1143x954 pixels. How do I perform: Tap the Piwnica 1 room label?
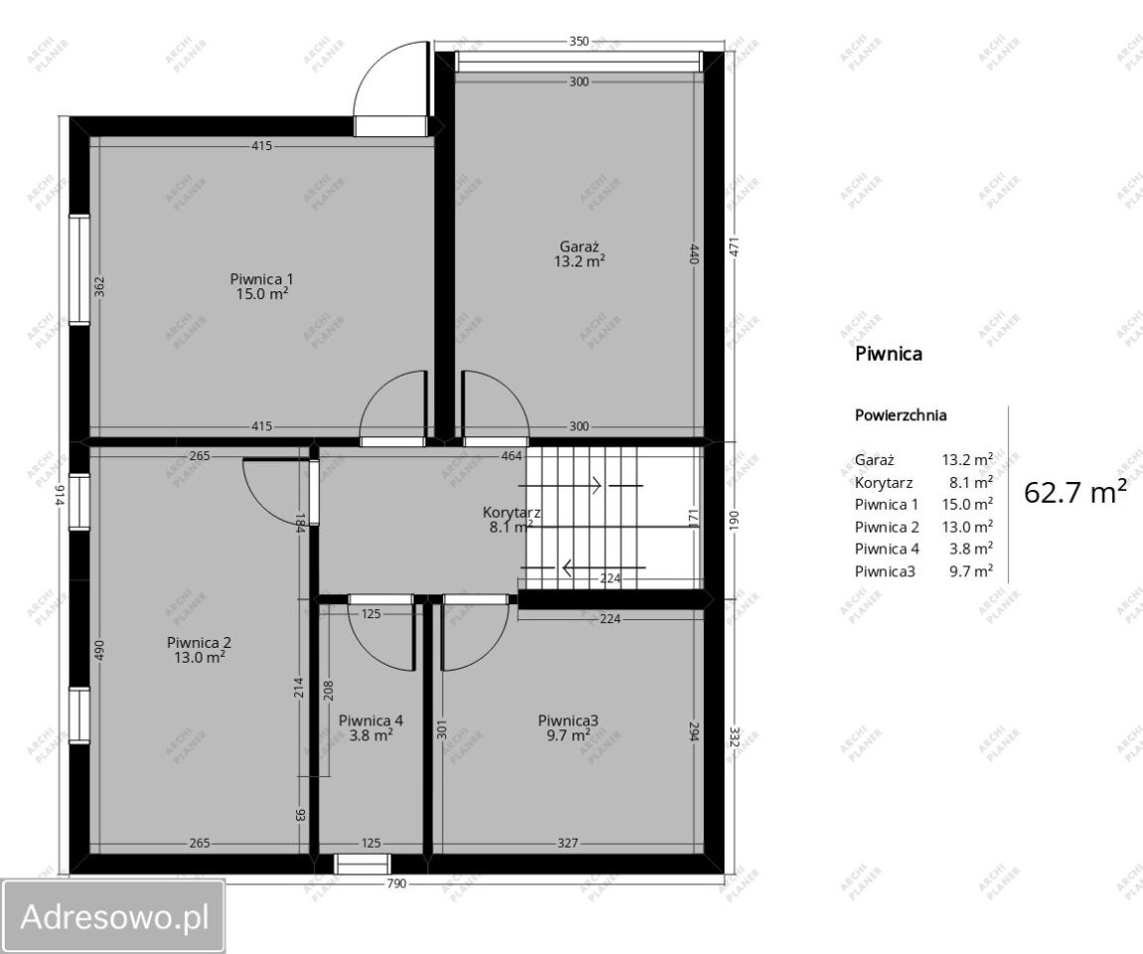(261, 279)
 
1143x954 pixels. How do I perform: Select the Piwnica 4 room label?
(371, 720)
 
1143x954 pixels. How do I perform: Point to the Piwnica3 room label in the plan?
(569, 720)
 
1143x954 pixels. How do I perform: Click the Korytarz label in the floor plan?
(511, 513)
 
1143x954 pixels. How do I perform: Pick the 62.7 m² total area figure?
(1075, 492)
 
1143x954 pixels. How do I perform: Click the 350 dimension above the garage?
(578, 42)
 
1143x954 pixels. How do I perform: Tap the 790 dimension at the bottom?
(396, 883)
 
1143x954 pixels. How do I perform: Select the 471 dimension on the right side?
(735, 246)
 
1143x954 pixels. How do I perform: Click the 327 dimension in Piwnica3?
(568, 844)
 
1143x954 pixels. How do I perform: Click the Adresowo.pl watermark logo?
(113, 916)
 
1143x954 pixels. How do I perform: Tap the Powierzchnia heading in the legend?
(901, 415)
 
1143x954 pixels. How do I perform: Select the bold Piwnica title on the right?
(889, 354)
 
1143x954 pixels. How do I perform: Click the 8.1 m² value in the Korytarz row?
(971, 483)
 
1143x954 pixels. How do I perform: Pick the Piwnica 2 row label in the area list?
(888, 527)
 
